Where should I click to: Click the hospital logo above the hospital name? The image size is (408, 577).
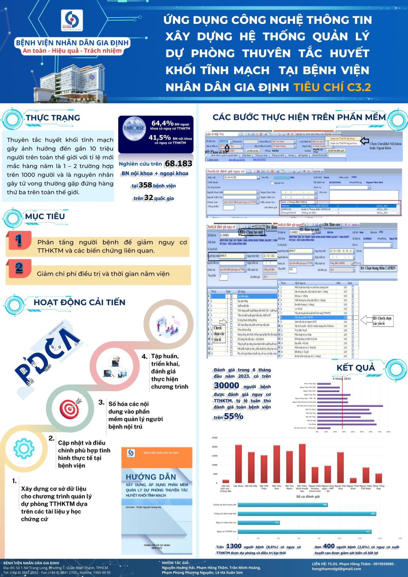point(72,20)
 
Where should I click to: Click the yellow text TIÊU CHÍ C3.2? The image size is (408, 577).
point(332,87)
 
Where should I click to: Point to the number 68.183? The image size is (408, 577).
point(179,163)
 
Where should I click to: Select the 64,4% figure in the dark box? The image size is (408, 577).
point(162,123)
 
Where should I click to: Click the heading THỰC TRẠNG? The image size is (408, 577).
point(53,117)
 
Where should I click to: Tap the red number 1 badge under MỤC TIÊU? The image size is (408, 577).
point(19,240)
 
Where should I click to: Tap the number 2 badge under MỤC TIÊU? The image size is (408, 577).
point(19,268)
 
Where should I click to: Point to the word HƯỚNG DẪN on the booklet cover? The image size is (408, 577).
point(151,477)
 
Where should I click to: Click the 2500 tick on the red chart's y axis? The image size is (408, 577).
point(214,438)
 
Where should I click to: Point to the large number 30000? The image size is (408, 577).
point(226,386)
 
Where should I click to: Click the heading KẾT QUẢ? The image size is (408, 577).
point(356,368)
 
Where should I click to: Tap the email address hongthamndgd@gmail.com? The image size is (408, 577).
point(336,569)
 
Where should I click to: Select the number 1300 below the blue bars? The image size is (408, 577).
point(234,546)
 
